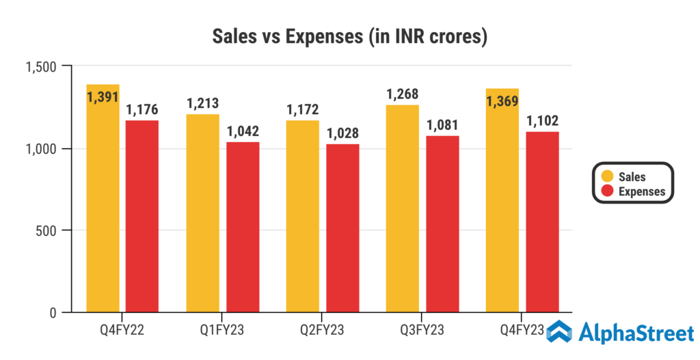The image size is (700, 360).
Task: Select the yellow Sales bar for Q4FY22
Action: point(103,205)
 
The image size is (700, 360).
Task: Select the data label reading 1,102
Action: point(542,122)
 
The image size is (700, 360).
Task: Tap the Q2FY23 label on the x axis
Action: point(323,331)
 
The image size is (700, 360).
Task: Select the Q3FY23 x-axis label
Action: point(422,331)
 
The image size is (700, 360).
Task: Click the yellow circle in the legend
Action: point(604,176)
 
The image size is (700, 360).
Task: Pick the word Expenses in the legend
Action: point(641,191)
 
